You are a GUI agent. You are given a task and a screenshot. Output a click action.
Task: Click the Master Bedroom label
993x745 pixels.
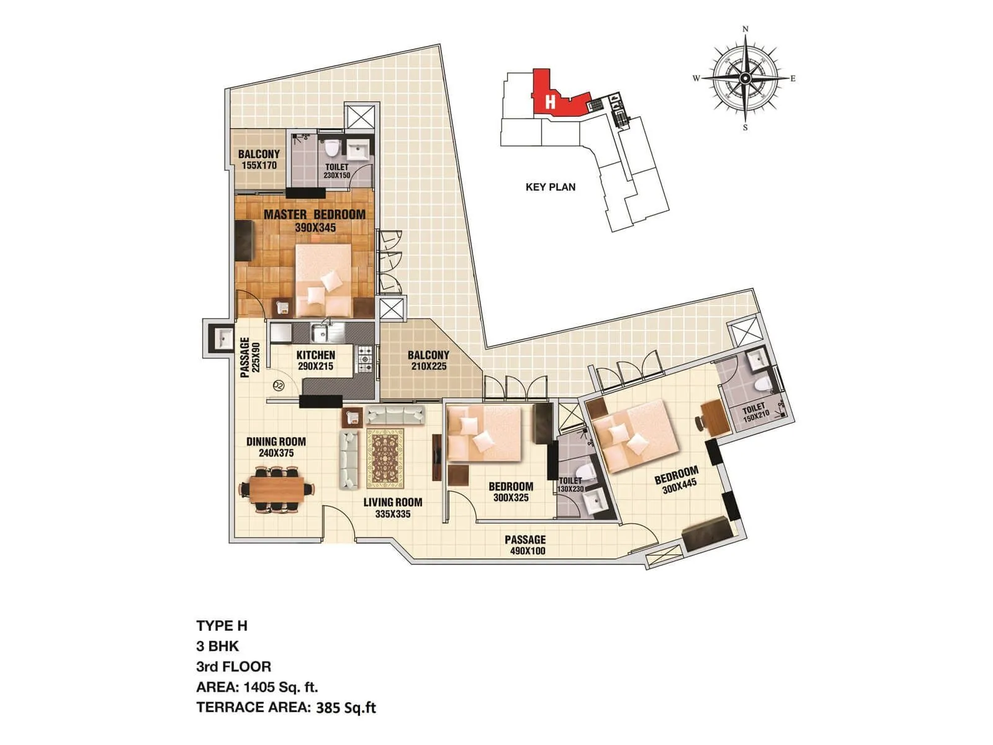click(315, 220)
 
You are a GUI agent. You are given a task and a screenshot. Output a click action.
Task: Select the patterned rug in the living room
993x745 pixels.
click(385, 459)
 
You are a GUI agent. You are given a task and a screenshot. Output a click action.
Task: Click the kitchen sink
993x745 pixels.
click(322, 334)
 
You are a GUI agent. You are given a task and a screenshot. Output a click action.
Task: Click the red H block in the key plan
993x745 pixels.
click(549, 99)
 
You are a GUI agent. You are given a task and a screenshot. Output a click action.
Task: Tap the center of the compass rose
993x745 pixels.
click(745, 78)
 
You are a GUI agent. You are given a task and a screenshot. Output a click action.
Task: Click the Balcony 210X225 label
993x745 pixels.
click(428, 361)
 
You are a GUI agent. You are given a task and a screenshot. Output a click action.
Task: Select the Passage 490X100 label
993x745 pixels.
click(525, 545)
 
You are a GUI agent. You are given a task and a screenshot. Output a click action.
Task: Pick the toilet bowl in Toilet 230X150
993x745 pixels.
click(333, 148)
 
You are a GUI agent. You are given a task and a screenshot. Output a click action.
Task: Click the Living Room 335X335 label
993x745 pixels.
click(392, 508)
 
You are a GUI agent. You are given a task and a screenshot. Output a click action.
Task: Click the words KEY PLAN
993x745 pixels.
click(550, 187)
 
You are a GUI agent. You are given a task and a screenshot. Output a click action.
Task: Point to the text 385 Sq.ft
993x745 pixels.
click(346, 707)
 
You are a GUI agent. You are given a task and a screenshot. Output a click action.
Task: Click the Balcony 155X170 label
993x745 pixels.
click(259, 160)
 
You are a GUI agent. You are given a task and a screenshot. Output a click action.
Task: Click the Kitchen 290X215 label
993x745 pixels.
click(315, 361)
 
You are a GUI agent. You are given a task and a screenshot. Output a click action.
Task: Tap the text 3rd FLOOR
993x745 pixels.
click(233, 667)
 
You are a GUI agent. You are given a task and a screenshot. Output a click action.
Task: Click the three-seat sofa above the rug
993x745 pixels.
click(395, 414)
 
